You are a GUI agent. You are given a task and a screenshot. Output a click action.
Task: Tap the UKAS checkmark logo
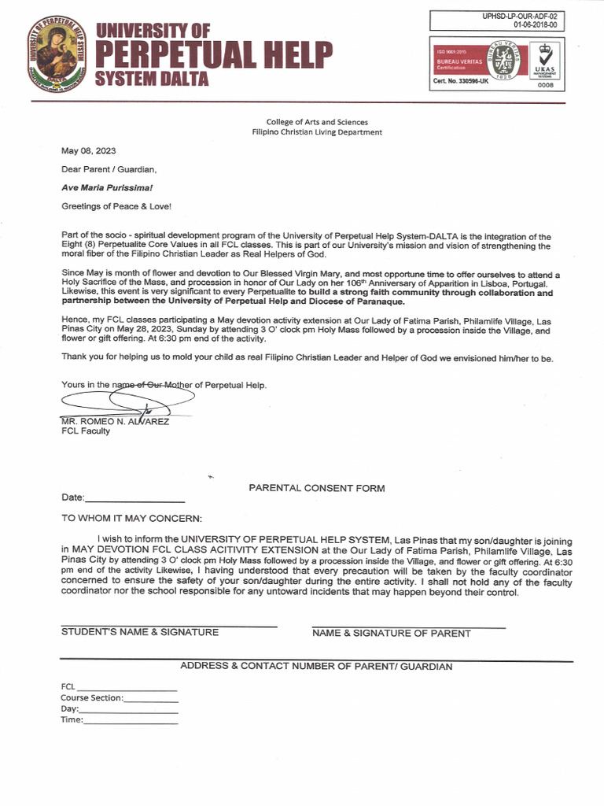(x=544, y=61)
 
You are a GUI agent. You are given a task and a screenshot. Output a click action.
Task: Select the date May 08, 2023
(x=89, y=150)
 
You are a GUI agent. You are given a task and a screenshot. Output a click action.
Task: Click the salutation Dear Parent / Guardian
(x=109, y=169)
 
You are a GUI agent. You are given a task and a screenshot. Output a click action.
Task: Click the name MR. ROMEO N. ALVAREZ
(x=115, y=421)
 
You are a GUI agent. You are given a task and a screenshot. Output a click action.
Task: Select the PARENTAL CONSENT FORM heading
(x=317, y=488)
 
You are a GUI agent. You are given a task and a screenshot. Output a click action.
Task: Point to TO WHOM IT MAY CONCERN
(x=131, y=518)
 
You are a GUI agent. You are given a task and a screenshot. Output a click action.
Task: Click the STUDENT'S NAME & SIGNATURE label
(x=140, y=632)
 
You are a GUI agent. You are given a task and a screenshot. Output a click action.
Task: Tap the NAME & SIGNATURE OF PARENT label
(x=392, y=633)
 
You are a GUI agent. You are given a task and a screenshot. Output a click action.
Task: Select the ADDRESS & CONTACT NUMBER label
(x=316, y=666)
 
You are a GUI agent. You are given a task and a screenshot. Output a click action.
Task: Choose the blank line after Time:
(x=131, y=720)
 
